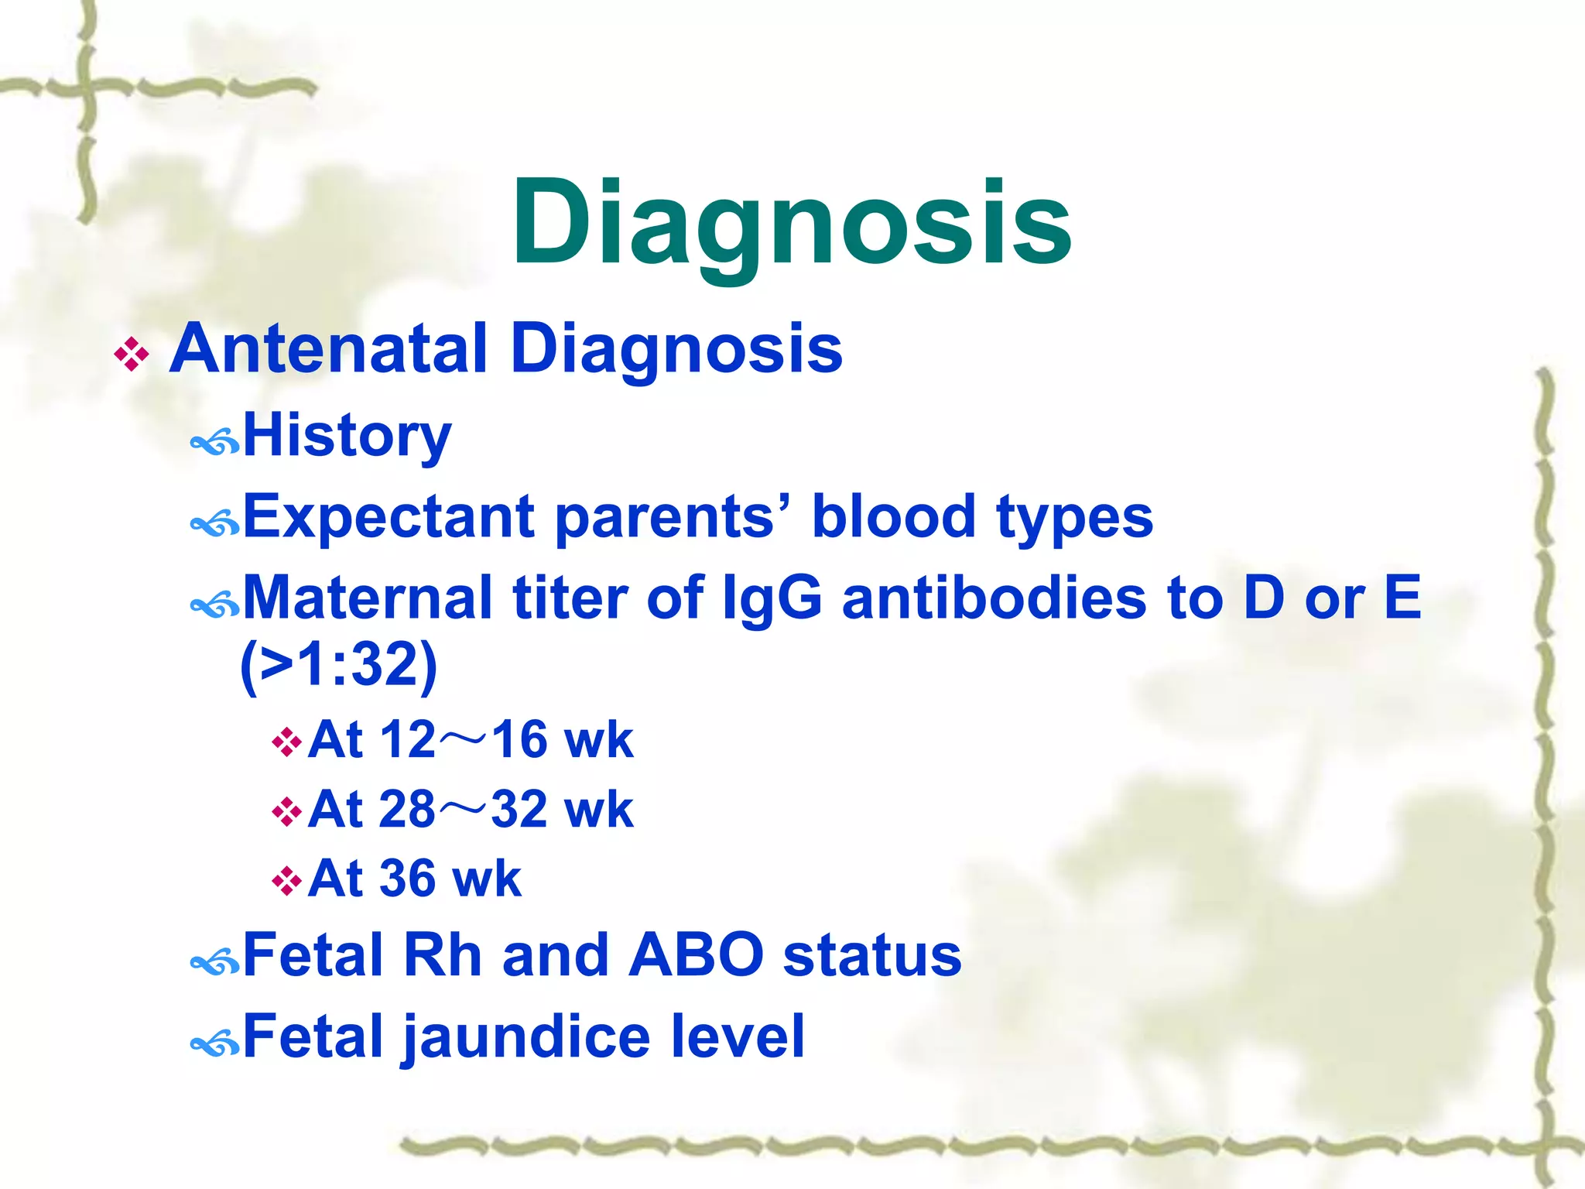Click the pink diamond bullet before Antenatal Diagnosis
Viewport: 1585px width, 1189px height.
(132, 355)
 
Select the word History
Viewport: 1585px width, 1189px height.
(347, 437)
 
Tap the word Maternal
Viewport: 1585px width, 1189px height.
(368, 598)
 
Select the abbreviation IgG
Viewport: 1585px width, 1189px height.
(772, 598)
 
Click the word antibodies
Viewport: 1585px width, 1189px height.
(994, 598)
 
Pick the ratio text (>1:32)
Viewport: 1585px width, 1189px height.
(339, 664)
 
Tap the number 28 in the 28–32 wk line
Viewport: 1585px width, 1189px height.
(407, 810)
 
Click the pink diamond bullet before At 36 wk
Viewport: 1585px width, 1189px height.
(286, 881)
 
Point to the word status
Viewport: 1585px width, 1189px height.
(871, 955)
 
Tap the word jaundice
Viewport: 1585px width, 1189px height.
(526, 1037)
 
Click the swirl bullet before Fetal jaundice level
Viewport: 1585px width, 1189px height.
(214, 1043)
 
